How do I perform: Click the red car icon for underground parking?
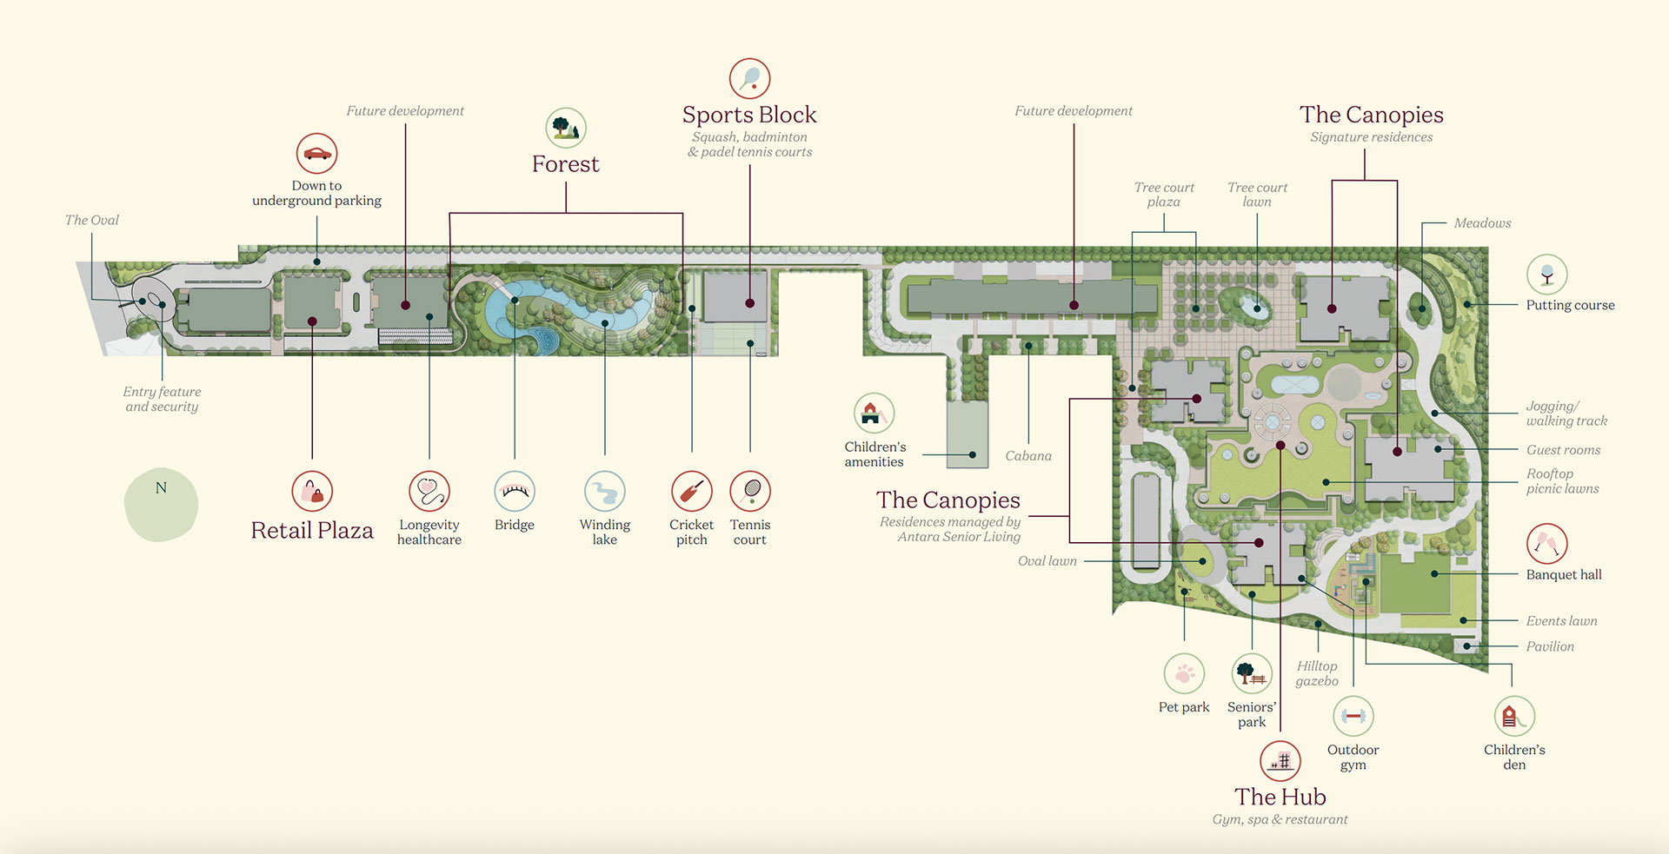point(316,154)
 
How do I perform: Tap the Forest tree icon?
point(566,128)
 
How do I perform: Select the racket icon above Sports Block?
point(749,79)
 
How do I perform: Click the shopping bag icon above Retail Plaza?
point(312,492)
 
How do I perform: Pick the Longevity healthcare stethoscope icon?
point(429,492)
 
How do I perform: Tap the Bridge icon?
point(515,492)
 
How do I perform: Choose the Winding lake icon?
point(605,492)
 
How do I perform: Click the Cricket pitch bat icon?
point(692,492)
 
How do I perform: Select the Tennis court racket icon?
point(750,492)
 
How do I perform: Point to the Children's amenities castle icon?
point(874,414)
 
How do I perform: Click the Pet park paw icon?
point(1184,673)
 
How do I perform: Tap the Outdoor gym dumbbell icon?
point(1353,717)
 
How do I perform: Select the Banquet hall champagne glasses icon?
point(1546,544)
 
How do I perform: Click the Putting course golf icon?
point(1546,275)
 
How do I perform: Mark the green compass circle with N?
point(161,505)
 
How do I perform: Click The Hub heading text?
point(1280,797)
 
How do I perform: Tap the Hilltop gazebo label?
point(1317,673)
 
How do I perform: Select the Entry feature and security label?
point(162,399)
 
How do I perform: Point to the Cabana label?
point(1028,455)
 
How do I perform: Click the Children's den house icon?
point(1514,717)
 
